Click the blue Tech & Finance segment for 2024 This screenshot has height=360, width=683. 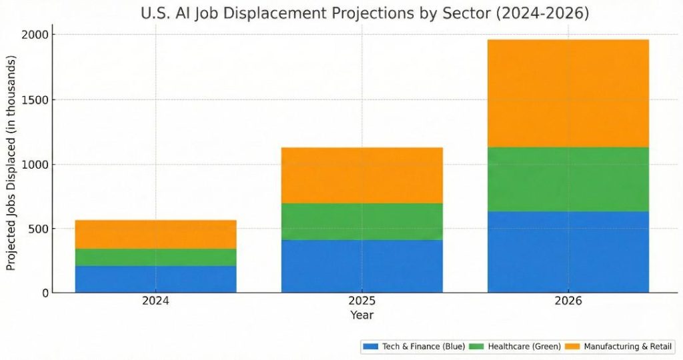tap(155, 279)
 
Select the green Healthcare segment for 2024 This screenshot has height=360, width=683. tap(155, 257)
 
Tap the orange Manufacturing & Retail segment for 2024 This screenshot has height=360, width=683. tap(155, 234)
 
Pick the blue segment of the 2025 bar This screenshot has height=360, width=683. tap(362, 266)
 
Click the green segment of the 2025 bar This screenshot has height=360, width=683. tap(362, 221)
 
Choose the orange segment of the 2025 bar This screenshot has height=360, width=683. tap(362, 175)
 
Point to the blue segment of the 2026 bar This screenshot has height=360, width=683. tap(568, 252)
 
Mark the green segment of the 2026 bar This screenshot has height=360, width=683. tap(568, 179)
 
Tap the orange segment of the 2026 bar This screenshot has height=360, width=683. tap(568, 93)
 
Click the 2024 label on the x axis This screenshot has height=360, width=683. tap(155, 301)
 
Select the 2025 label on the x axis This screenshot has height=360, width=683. tap(362, 301)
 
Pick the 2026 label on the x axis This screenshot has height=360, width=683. tap(568, 301)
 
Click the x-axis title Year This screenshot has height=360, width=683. tap(362, 315)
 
